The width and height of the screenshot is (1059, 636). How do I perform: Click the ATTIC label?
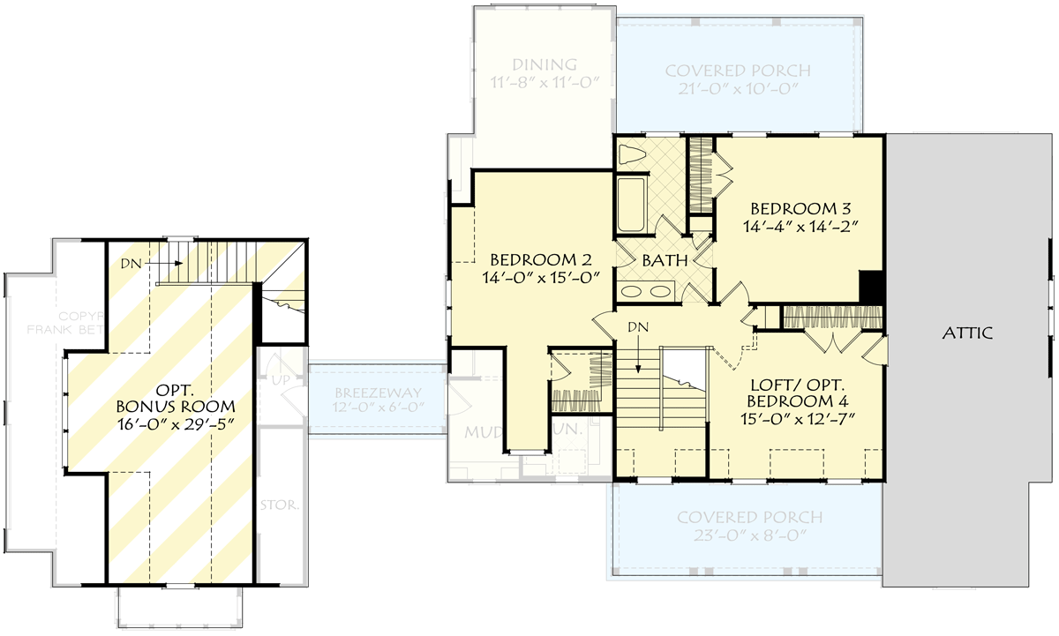coord(967,333)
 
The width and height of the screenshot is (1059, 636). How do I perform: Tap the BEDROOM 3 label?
coord(800,209)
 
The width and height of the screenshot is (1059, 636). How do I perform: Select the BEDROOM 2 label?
coord(539,260)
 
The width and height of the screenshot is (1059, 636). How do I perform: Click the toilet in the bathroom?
coord(633,155)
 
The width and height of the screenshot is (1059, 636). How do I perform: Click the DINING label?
coord(545,64)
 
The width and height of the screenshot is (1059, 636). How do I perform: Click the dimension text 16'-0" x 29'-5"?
coord(176,424)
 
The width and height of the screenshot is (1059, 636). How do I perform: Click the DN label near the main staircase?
coord(639,327)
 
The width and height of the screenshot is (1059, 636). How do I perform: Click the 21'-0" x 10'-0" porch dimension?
coord(737,89)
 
